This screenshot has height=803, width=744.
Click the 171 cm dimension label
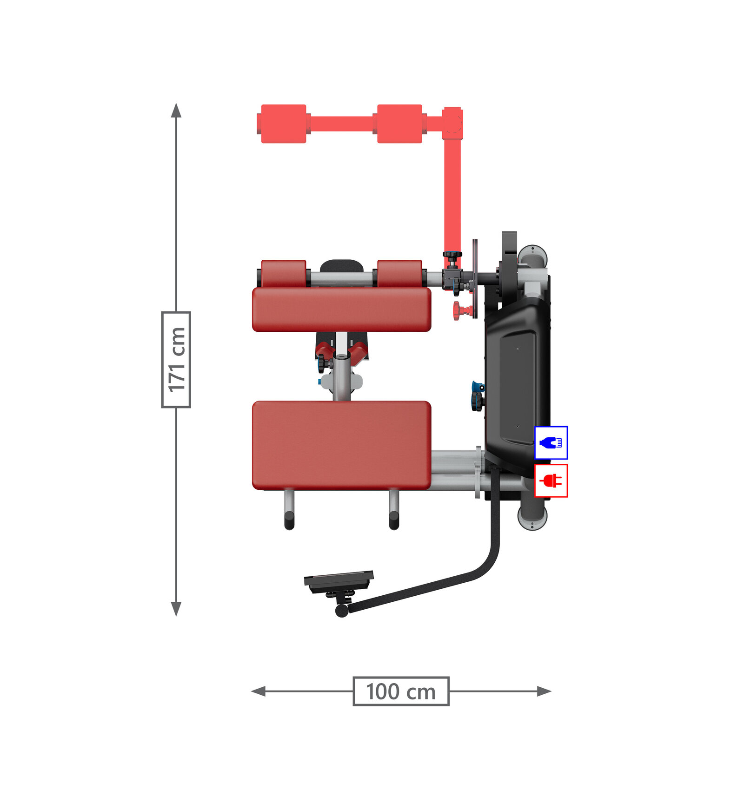(176, 360)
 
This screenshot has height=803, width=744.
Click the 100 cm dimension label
(401, 691)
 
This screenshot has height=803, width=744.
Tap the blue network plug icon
(551, 443)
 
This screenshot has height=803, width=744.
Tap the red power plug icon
(551, 480)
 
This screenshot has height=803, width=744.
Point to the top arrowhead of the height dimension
(176, 111)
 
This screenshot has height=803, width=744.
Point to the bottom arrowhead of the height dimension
(176, 609)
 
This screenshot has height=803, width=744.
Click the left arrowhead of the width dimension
(259, 691)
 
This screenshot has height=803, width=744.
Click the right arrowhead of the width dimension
(544, 691)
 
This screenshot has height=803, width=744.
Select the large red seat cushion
(341, 445)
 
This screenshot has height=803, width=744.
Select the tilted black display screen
(339, 581)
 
